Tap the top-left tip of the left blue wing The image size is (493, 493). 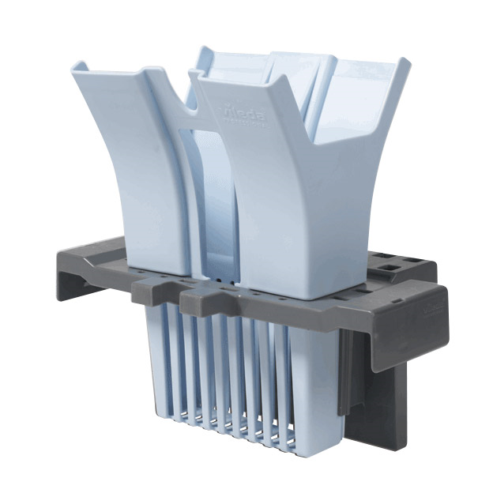[x=83, y=65]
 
